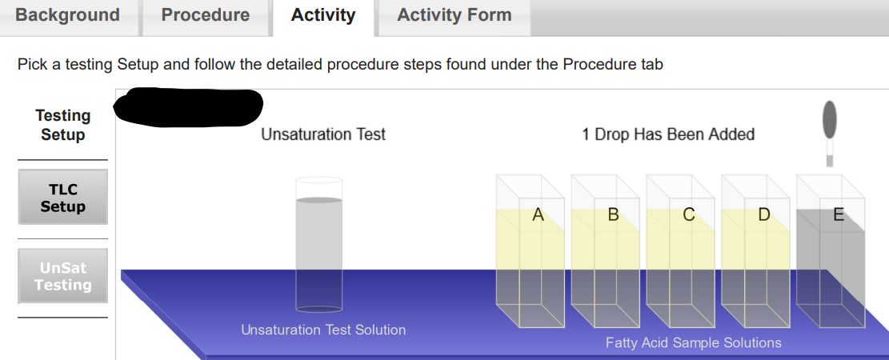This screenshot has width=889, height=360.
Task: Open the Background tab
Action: point(68,15)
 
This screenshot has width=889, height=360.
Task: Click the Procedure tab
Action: point(206,15)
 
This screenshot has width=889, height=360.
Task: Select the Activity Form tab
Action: point(454,15)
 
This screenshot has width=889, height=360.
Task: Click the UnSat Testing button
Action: point(62,276)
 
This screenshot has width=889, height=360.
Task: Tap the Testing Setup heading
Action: point(62,126)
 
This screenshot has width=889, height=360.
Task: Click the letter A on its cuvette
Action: point(538,214)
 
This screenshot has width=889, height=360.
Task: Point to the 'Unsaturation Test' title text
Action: point(323,134)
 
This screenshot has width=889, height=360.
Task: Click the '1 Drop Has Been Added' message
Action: point(668,134)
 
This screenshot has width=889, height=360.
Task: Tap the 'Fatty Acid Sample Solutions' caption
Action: point(693,343)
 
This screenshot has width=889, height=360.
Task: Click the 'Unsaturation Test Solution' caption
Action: point(323,330)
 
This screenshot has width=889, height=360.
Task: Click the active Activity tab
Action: point(323,15)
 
